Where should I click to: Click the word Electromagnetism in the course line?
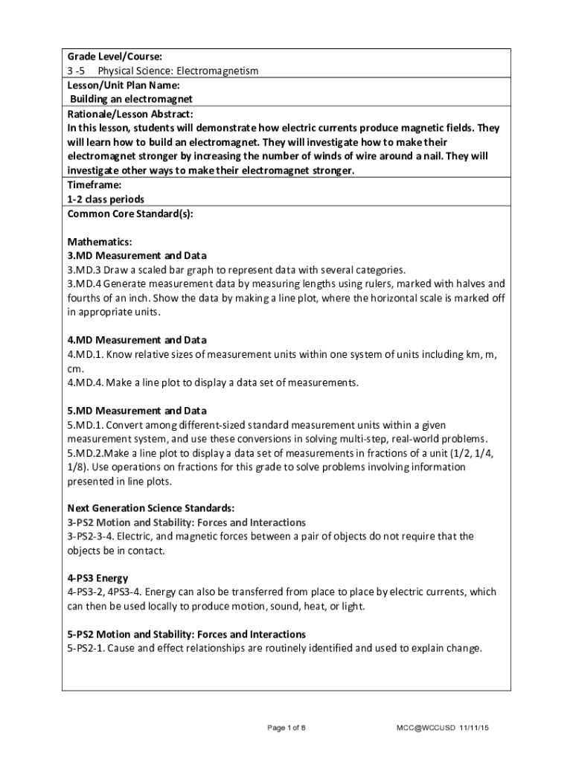217,71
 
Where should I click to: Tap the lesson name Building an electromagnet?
131,99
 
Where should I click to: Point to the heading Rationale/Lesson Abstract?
130,114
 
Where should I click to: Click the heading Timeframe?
95,185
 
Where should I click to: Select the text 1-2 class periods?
106,199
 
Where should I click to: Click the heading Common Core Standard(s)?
130,214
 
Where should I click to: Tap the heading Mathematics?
100,242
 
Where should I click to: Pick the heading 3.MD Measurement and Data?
137,255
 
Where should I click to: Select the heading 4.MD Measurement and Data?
137,340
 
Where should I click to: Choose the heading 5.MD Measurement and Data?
137,411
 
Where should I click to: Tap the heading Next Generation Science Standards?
151,508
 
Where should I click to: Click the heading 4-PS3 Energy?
97,577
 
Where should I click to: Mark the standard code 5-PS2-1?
86,648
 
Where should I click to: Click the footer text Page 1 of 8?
286,727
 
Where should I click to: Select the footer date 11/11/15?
474,727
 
